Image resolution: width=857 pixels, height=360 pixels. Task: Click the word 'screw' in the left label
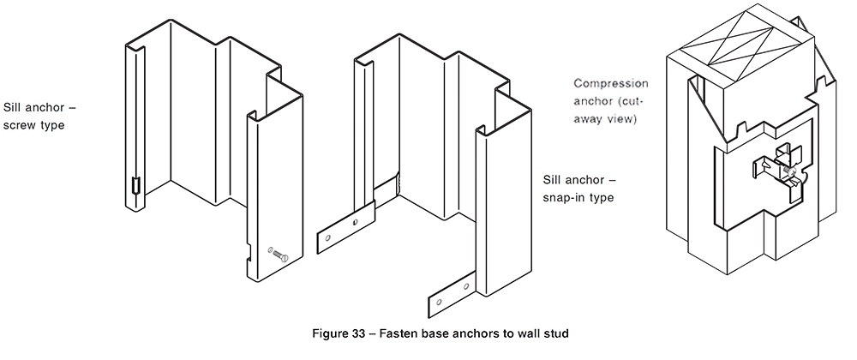coord(20,125)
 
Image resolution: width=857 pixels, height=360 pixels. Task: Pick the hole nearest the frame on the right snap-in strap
coord(465,289)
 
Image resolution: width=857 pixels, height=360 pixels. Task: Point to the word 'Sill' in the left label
coord(14,108)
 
